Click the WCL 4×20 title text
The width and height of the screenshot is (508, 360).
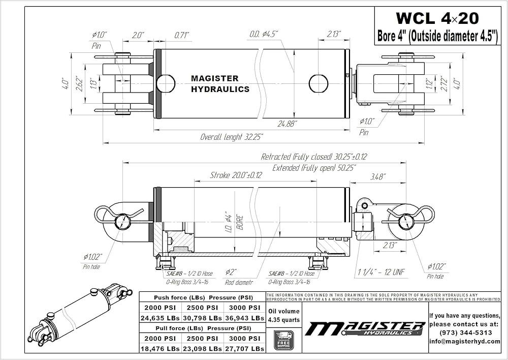(x=437, y=19)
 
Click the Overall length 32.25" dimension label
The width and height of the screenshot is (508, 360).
(x=231, y=137)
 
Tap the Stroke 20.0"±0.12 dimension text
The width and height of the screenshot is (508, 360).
(x=236, y=175)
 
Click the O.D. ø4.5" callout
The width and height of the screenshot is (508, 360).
(x=265, y=35)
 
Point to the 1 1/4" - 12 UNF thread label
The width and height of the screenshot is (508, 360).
(x=379, y=273)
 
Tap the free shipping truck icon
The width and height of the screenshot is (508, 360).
(x=284, y=339)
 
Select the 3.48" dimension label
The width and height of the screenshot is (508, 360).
(x=378, y=176)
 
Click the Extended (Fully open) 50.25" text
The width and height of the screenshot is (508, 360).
(x=314, y=167)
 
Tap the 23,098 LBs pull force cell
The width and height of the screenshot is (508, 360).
(x=202, y=348)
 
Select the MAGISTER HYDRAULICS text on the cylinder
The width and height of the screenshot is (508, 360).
(x=220, y=84)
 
